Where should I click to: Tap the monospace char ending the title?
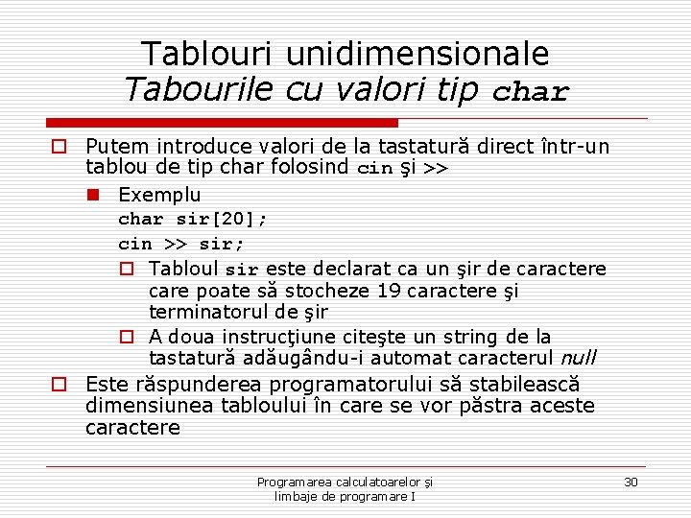(x=531, y=93)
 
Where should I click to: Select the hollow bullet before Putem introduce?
(x=60, y=147)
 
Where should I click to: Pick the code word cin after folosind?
(x=374, y=169)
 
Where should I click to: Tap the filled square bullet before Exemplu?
(x=92, y=195)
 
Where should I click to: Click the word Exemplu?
(x=159, y=195)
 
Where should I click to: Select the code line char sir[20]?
(x=192, y=219)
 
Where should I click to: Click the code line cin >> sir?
(x=181, y=244)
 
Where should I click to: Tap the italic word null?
(x=578, y=359)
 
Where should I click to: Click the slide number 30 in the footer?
(x=631, y=482)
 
